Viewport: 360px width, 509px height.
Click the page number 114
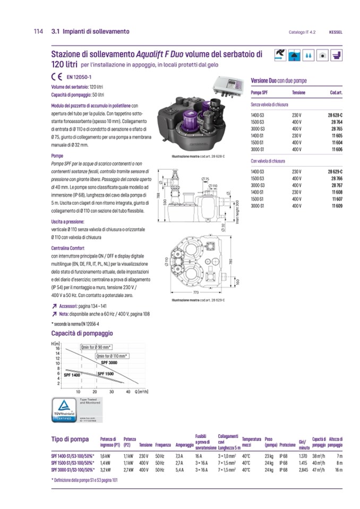point(38,31)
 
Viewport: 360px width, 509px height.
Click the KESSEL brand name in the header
point(336,32)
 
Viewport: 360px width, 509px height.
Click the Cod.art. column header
point(336,93)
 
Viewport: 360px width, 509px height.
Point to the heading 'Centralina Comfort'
point(68,248)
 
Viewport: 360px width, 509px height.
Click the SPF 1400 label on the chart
point(72,375)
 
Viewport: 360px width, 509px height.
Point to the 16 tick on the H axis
point(57,349)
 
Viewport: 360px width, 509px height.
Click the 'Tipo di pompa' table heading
point(70,439)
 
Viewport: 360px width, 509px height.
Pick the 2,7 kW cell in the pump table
point(127,470)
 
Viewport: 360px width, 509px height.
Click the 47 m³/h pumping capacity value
point(318,470)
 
